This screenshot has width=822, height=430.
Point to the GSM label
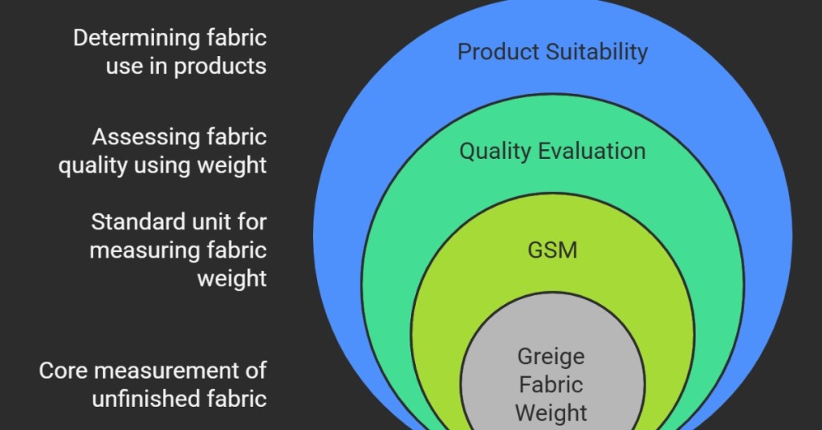[552, 250]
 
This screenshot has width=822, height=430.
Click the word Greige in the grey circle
[551, 355]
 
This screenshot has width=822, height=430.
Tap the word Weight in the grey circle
[551, 413]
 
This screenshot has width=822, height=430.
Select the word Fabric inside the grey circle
[551, 384]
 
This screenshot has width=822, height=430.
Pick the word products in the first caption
[220, 66]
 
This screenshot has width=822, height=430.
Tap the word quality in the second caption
[93, 165]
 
